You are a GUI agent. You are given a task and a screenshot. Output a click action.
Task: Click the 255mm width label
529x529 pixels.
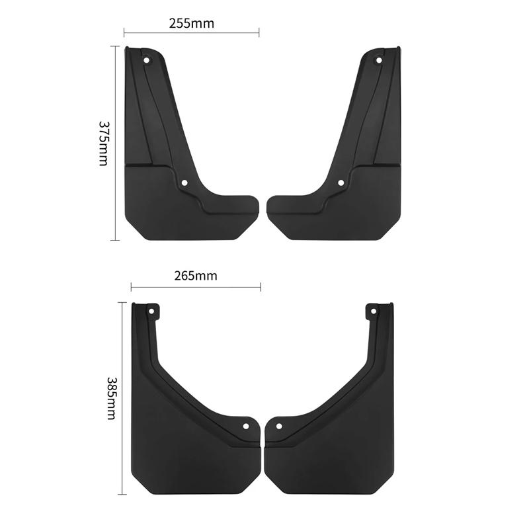pyautogui.click(x=192, y=22)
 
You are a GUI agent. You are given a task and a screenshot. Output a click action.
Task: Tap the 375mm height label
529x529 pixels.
pyautogui.click(x=103, y=143)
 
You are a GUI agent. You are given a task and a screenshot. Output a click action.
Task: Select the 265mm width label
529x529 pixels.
pyautogui.click(x=196, y=276)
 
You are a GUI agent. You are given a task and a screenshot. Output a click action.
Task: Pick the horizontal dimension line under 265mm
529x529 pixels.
pyautogui.click(x=196, y=286)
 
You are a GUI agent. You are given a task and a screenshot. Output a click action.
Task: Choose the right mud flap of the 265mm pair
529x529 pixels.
pyautogui.click(x=337, y=423)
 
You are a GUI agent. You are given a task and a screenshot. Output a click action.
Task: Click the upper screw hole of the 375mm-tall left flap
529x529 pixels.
pyautogui.click(x=147, y=60)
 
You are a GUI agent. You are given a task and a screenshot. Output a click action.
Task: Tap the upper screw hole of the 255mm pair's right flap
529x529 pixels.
pyautogui.click(x=379, y=60)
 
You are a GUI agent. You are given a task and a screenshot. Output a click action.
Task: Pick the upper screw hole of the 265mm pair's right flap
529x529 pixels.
pyautogui.click(x=376, y=309)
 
